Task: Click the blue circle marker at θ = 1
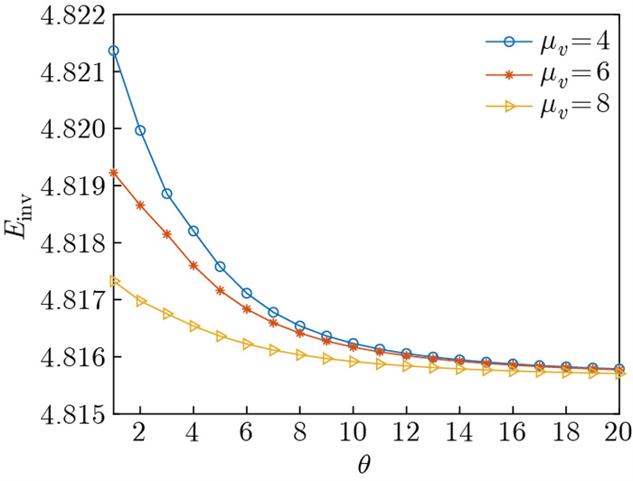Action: pyautogui.click(x=114, y=51)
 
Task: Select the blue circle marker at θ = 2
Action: pyautogui.click(x=140, y=130)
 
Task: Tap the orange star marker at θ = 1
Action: pyautogui.click(x=114, y=173)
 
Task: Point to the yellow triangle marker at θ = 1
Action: pyautogui.click(x=114, y=281)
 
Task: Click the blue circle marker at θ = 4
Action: pyautogui.click(x=194, y=231)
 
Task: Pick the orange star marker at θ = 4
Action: pyautogui.click(x=194, y=266)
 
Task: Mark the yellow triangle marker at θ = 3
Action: pyautogui.click(x=167, y=314)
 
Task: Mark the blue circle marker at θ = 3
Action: pyautogui.click(x=167, y=193)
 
